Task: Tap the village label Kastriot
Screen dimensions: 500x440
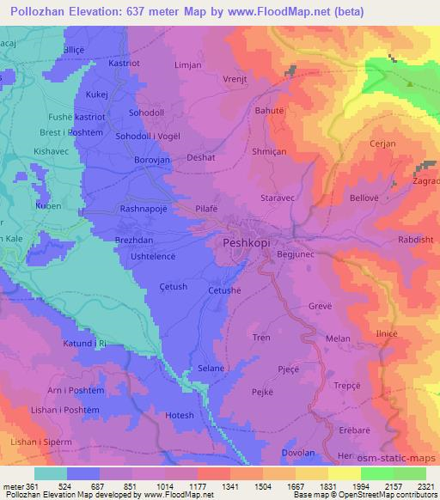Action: point(124,64)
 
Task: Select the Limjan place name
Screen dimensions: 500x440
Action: point(187,65)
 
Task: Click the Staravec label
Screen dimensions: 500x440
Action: point(278,198)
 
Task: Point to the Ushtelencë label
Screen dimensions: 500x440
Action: point(153,257)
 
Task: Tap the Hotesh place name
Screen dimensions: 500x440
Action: point(179,416)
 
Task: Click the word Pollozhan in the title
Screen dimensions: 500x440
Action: point(40,11)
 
